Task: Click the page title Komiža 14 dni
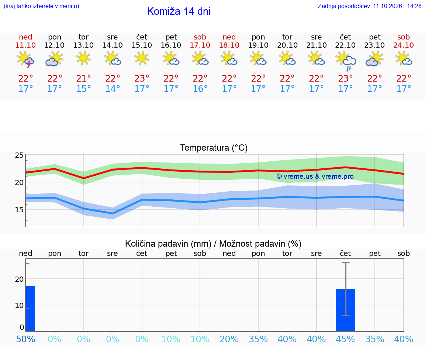(179, 11)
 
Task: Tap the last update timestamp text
(370, 6)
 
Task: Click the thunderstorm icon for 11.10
(25, 59)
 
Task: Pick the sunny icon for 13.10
(83, 58)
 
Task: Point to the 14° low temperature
(113, 89)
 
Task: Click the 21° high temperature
(83, 78)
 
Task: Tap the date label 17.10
(200, 45)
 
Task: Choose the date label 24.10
(404, 45)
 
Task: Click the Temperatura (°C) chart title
(214, 148)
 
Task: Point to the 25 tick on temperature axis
(19, 155)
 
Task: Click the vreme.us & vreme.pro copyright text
(315, 176)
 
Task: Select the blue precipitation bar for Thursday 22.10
(346, 310)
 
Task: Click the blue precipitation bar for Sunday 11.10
(30, 309)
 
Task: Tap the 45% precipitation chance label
(345, 339)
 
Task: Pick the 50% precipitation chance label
(25, 339)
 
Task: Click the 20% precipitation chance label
(229, 339)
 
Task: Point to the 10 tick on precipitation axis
(19, 305)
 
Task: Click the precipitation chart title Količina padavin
(213, 244)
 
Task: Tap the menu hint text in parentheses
(41, 6)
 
